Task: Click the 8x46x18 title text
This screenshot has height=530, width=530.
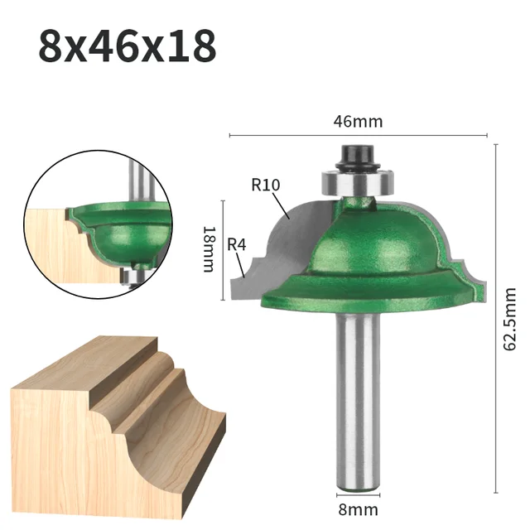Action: (127, 47)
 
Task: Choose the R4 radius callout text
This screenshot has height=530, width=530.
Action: (238, 244)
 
